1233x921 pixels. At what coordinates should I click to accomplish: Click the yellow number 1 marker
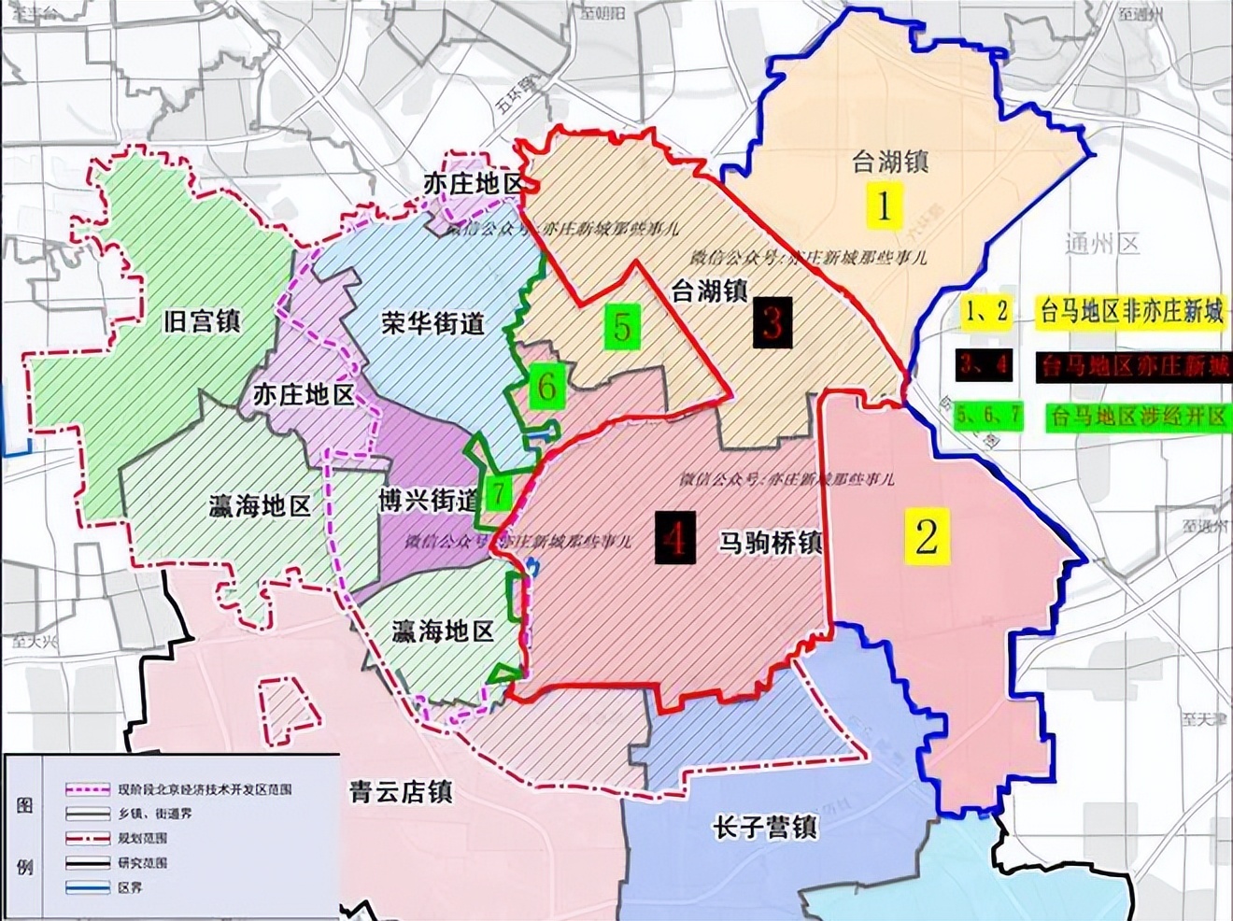[884, 206]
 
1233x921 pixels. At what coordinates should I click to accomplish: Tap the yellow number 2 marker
[926, 536]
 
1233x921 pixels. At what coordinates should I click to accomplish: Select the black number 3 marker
[772, 323]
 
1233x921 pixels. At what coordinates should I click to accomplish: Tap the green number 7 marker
[499, 491]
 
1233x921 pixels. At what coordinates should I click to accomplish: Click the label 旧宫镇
[201, 322]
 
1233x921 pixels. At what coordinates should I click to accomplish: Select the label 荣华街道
[432, 324]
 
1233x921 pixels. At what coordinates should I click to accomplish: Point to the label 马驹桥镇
[770, 542]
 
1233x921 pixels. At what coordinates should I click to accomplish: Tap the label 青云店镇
[402, 793]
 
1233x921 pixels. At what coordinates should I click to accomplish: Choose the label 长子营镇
[764, 828]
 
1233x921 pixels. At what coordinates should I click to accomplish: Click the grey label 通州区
[1102, 245]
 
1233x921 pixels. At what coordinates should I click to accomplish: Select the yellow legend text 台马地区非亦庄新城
[1131, 312]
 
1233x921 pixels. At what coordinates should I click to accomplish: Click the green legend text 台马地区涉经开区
[1138, 416]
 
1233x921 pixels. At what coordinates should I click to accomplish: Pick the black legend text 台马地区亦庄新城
[1132, 365]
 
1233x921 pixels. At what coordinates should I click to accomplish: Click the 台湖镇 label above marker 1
[889, 162]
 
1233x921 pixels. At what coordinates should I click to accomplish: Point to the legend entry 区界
[132, 888]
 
